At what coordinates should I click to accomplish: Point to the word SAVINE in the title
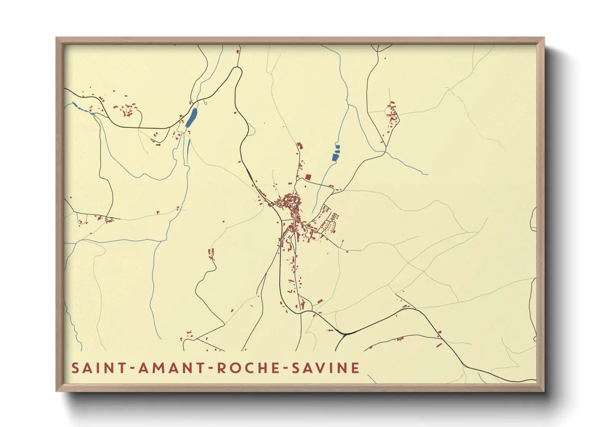point(325,368)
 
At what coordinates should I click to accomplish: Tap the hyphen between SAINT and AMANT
point(131,368)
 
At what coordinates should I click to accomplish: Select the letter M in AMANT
point(159,368)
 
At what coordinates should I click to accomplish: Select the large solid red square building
point(308,177)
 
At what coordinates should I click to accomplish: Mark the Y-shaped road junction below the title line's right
point(345,334)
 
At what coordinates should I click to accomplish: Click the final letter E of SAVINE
point(355,368)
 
